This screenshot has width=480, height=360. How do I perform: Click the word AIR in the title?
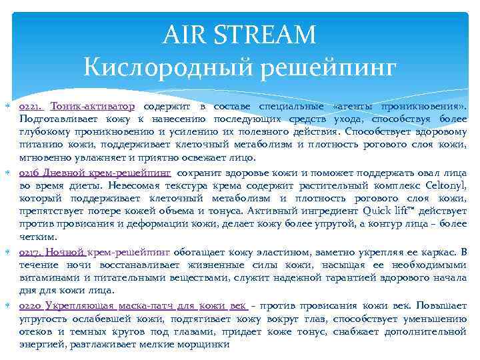click(181, 33)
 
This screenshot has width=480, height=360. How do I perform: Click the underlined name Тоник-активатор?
click(92, 107)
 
